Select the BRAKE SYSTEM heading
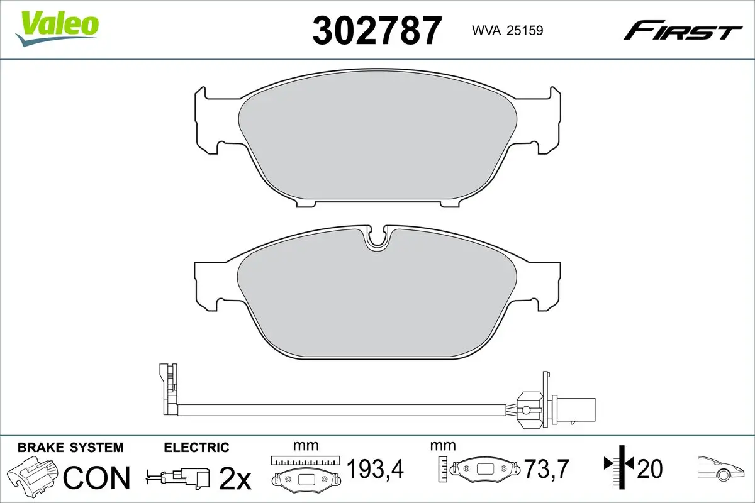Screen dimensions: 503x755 point(70,448)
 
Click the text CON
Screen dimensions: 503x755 point(97,477)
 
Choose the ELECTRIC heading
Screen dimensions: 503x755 point(196,448)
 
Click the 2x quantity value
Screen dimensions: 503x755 point(235,478)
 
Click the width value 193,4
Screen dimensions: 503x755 point(375,468)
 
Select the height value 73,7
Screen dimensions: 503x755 point(547,468)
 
